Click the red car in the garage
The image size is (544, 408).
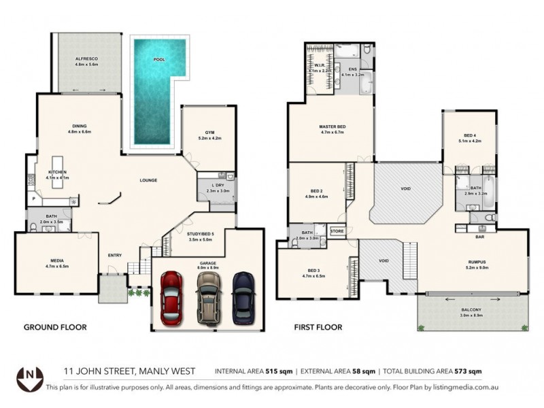coord(171,296)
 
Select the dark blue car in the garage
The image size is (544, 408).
coord(241,296)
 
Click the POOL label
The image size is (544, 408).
coord(159,60)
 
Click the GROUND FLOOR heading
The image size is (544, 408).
coord(55,327)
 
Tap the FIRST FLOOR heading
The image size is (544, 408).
coord(318,327)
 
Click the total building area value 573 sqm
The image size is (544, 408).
coord(468,371)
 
